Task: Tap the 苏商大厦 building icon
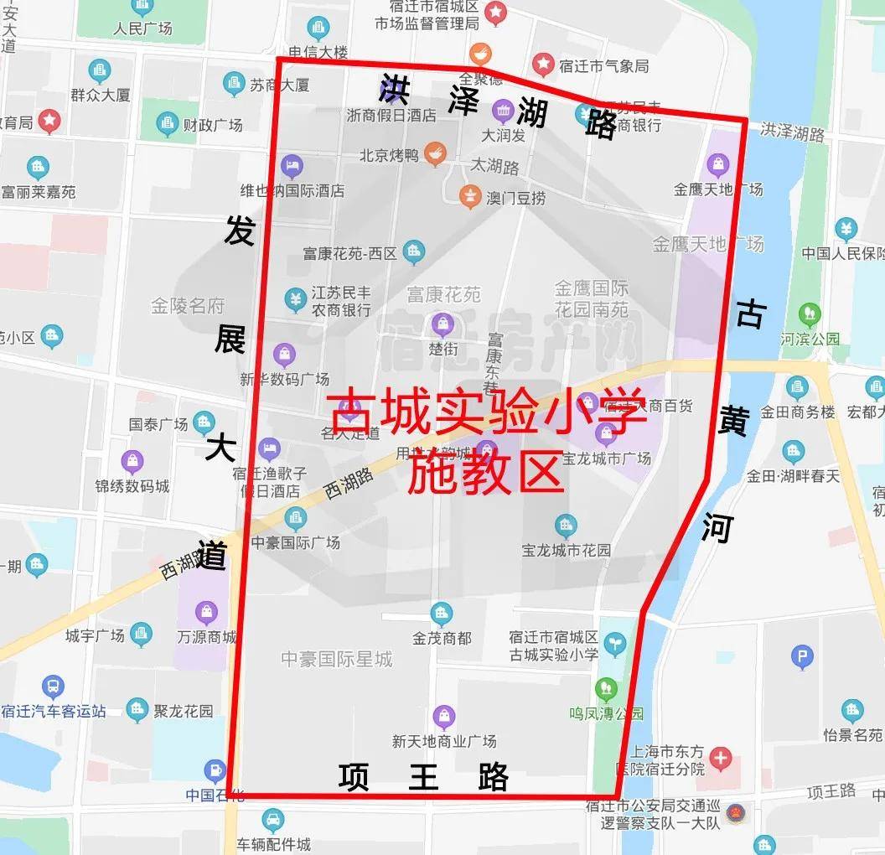234,84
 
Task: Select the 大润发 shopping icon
503,110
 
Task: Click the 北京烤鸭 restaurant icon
433,153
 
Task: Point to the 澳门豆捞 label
515,198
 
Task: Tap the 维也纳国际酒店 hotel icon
292,165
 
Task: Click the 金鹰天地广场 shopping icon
717,164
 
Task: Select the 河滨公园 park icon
810,315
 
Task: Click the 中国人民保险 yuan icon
846,228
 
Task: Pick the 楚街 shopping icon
442,323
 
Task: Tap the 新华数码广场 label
284,379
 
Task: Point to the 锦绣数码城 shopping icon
132,460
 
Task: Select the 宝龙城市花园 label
566,551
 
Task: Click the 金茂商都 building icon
441,614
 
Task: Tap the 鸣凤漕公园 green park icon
606,689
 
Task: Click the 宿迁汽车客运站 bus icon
53,688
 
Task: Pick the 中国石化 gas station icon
215,769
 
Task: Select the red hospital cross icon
720,759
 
